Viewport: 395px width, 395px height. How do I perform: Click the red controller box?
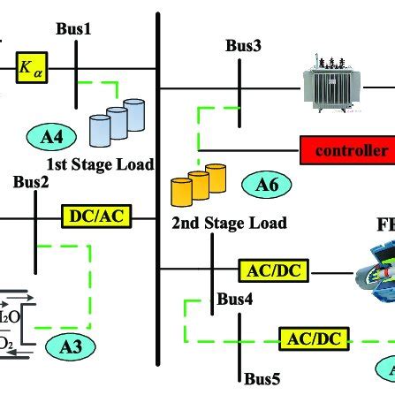pos(346,148)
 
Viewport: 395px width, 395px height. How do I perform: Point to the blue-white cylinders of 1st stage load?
pos(118,123)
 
